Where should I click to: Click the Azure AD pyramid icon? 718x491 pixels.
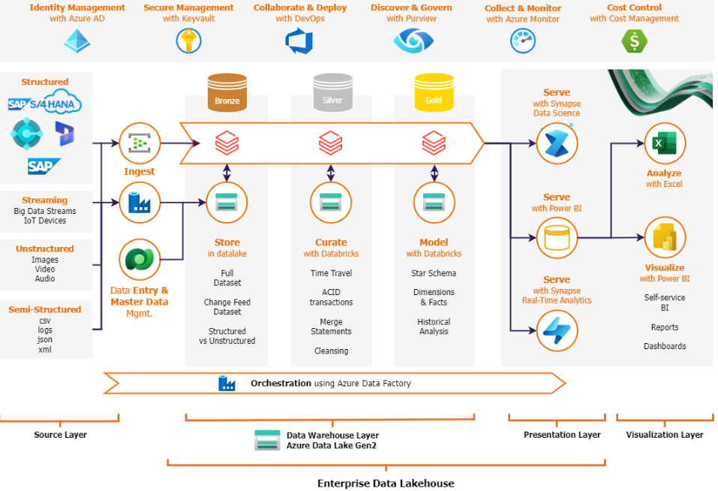[x=77, y=41]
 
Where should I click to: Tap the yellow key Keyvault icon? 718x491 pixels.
[x=188, y=41]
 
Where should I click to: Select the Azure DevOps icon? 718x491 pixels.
[x=299, y=41]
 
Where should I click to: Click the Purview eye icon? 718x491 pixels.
[x=413, y=41]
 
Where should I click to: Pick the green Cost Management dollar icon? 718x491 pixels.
[x=634, y=41]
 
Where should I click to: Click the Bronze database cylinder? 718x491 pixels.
[x=227, y=92]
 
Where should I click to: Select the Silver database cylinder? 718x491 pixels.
[x=333, y=92]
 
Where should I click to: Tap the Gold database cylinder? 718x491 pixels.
[x=434, y=92]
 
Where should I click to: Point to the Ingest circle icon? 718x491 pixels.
[x=140, y=143]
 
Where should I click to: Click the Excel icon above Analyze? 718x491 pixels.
[x=665, y=143]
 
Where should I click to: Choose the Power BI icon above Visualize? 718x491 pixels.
[x=665, y=238]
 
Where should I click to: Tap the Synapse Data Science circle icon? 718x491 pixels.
[x=557, y=143]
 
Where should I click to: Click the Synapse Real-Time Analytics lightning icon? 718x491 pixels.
[x=557, y=330]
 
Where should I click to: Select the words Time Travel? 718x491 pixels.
[x=331, y=273]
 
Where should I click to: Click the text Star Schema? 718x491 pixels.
[x=434, y=273]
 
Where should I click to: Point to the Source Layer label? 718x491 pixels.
[x=61, y=435]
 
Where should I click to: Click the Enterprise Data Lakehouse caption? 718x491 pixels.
[x=386, y=483]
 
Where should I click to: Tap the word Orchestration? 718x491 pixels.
[x=281, y=384]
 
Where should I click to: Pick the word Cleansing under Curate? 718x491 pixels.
[x=331, y=351]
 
